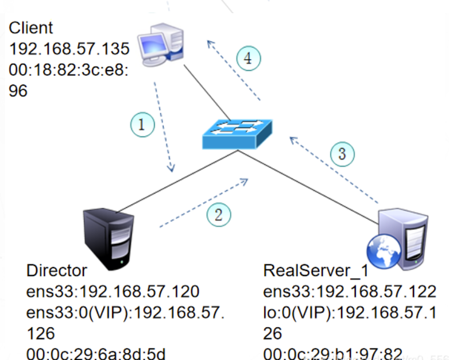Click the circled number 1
(142, 124)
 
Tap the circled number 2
(218, 214)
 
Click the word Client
(31, 28)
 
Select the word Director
(57, 270)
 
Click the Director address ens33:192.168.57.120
(113, 292)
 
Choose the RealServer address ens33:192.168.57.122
(349, 292)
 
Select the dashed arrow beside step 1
(163, 126)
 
